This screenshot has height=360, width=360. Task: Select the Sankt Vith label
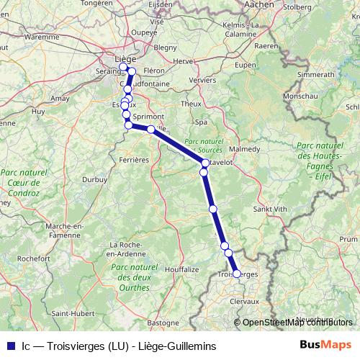point(269,209)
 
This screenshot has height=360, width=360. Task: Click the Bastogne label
point(163,322)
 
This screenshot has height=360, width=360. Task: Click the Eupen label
point(246,65)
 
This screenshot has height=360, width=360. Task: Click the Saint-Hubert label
point(70,313)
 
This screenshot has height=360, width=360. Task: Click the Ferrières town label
point(134,158)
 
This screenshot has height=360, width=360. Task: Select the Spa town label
point(201,122)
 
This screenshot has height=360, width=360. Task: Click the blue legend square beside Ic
point(9,346)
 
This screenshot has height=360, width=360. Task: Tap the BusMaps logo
point(325,346)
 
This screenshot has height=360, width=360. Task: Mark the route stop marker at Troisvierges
point(236,274)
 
